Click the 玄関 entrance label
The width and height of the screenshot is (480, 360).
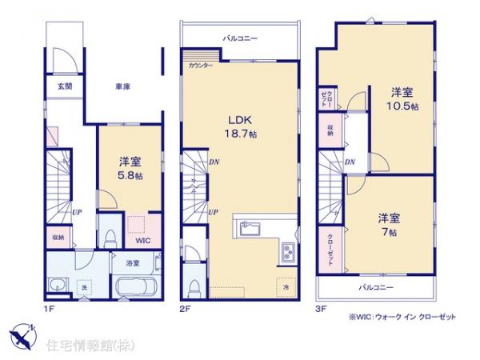(x=63, y=86)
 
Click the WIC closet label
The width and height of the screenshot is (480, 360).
(x=141, y=238)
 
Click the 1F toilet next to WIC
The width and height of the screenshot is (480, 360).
(x=111, y=236)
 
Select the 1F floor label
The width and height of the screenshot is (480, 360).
(x=48, y=305)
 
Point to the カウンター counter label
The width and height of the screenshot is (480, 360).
(x=201, y=66)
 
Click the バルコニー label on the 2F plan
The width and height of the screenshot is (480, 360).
(x=240, y=38)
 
